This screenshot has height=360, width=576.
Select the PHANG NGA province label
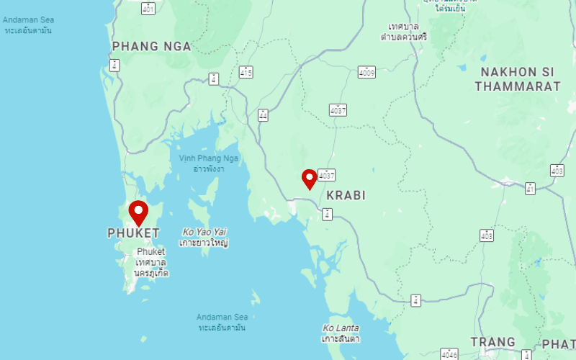(x=151, y=47)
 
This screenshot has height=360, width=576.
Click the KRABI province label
(x=346, y=195)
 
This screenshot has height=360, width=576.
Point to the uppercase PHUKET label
(x=133, y=233)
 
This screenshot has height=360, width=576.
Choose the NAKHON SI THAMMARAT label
(x=518, y=79)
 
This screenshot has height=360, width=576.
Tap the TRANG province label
(x=492, y=342)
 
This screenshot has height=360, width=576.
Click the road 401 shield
(x=148, y=9)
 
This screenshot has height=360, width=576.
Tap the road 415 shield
(x=246, y=72)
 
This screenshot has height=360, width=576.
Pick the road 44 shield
(x=263, y=115)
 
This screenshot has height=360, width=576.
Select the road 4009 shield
(x=367, y=72)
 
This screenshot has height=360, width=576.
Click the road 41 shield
(x=530, y=189)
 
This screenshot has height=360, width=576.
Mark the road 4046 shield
(x=449, y=354)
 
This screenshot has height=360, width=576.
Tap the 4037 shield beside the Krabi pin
(x=328, y=175)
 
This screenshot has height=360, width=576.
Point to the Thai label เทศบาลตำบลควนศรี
(x=403, y=31)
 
